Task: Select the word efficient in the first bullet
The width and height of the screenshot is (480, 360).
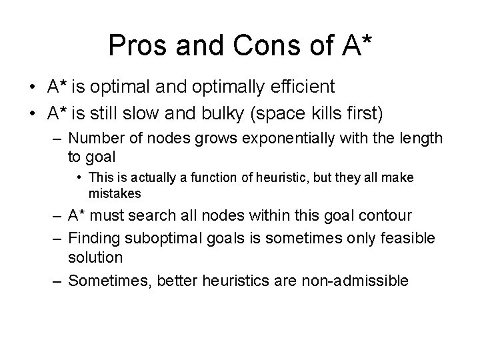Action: [x=301, y=88]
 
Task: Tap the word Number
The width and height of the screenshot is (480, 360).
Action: [x=98, y=138]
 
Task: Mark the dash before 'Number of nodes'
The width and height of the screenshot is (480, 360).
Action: [x=57, y=138]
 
